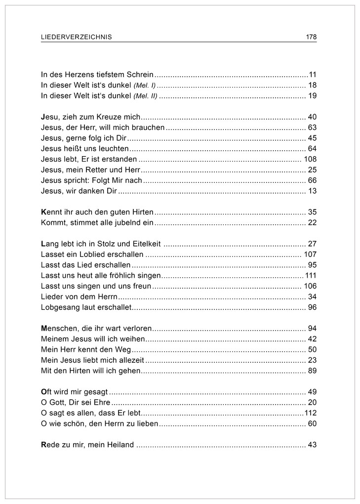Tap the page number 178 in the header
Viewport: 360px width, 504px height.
click(x=311, y=37)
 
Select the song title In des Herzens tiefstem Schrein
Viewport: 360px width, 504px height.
click(x=98, y=75)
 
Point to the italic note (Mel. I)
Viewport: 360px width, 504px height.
click(x=144, y=85)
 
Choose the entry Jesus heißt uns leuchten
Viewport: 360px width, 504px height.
click(x=85, y=149)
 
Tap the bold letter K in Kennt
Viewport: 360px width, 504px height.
click(x=43, y=212)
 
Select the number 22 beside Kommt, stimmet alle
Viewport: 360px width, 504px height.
click(x=312, y=223)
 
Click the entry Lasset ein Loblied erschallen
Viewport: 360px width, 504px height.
click(x=92, y=255)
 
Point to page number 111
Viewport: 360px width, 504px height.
click(x=311, y=276)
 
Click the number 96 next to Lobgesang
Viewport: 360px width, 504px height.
click(x=312, y=307)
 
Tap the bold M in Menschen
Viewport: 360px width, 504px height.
click(x=44, y=329)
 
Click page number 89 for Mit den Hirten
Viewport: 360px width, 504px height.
click(x=312, y=371)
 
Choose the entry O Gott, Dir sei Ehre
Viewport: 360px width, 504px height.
click(x=76, y=403)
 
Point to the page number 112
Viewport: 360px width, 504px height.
click(x=310, y=413)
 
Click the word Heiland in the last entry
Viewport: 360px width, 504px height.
click(x=121, y=445)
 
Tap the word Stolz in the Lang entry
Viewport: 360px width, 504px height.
click(x=107, y=244)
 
